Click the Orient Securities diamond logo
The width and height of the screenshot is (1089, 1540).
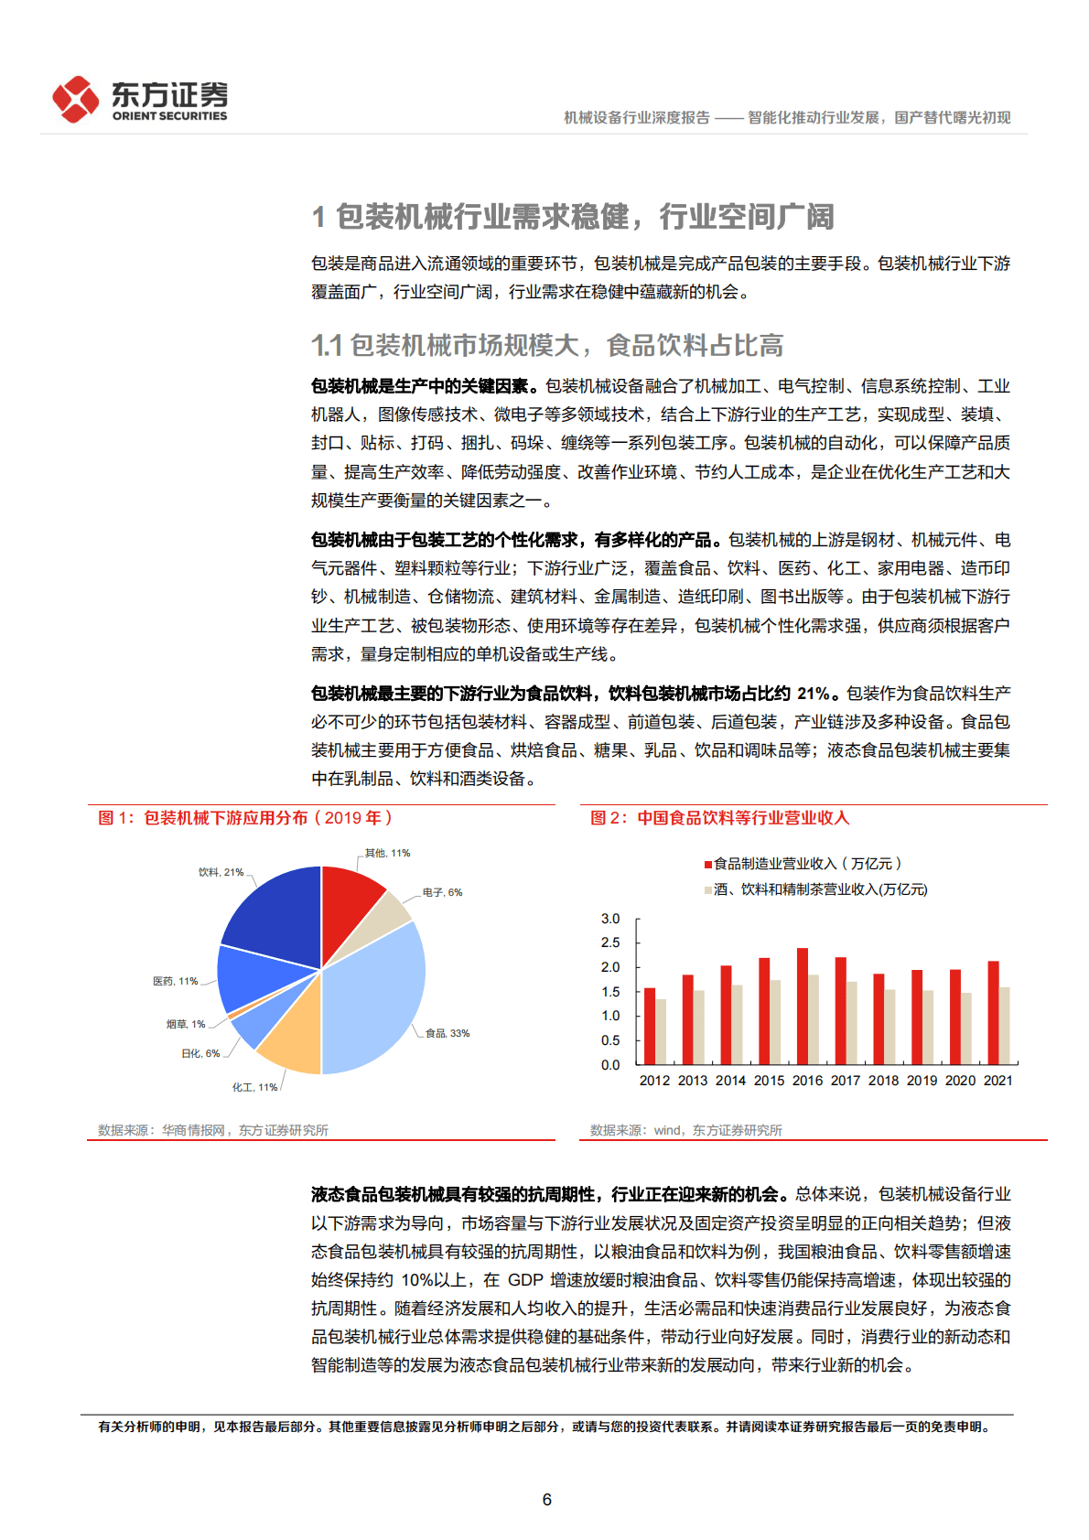click(x=75, y=99)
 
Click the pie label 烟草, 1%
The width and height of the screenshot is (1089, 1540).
click(x=186, y=1024)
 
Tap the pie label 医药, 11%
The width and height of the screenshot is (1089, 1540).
click(x=175, y=981)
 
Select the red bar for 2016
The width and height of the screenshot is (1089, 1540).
click(x=803, y=1006)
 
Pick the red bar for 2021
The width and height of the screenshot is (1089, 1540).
click(x=993, y=1012)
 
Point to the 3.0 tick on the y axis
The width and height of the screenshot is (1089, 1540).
click(x=610, y=919)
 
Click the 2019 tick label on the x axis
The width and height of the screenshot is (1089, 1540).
click(x=922, y=1081)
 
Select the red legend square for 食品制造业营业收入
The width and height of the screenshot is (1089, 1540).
click(x=707, y=864)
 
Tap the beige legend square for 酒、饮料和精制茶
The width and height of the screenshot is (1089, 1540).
click(x=707, y=889)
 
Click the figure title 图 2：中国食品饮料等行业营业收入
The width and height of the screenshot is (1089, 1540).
click(x=719, y=818)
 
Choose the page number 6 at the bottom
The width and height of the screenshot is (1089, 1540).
click(x=547, y=1499)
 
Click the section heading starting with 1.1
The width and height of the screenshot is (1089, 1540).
click(x=547, y=346)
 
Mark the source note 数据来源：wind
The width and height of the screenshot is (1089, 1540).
click(x=685, y=1130)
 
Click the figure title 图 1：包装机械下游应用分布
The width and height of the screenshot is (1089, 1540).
click(x=245, y=818)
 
